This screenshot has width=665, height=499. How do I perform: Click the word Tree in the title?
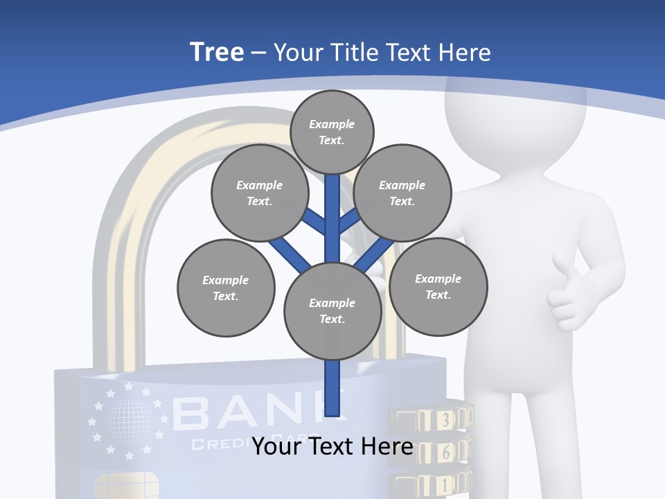[x=217, y=52]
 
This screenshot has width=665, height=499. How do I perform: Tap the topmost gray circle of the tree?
[x=332, y=132]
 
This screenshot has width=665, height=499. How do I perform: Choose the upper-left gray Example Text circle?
[x=260, y=193]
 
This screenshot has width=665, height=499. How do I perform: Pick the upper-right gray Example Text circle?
[x=402, y=193]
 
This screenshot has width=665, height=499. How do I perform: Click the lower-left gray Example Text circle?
[x=226, y=288]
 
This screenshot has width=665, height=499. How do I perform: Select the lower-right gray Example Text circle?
[x=438, y=286]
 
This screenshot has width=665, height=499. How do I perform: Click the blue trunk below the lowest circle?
[x=333, y=388]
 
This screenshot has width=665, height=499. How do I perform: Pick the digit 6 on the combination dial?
[x=445, y=452]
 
